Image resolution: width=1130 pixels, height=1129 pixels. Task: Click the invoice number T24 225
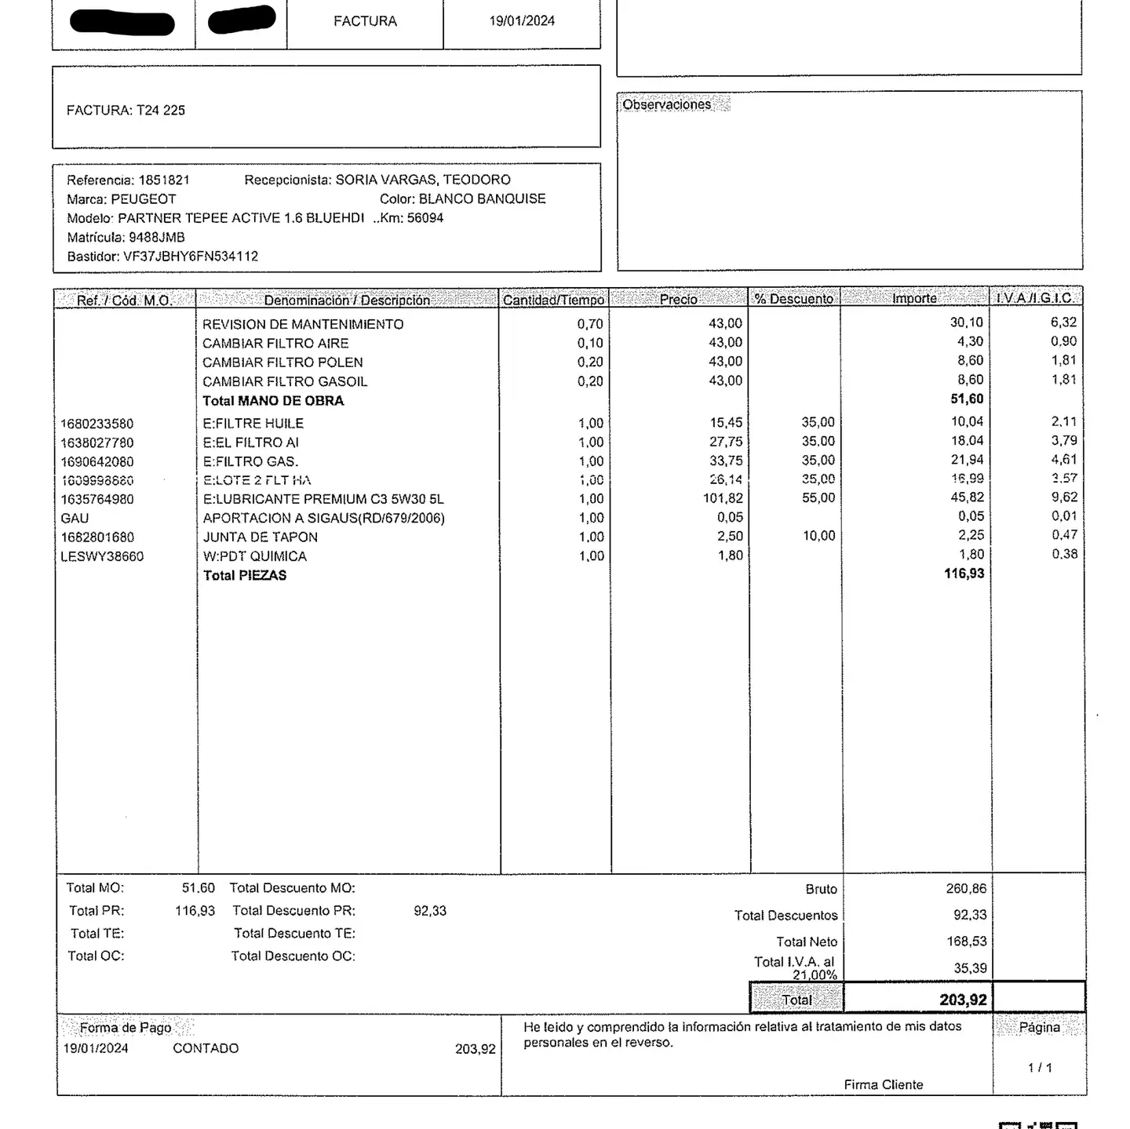[160, 111]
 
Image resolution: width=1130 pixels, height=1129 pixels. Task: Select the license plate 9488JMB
[156, 237]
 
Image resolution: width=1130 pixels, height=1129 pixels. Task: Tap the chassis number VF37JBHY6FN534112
[190, 257]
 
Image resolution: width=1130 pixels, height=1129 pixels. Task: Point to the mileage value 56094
[425, 218]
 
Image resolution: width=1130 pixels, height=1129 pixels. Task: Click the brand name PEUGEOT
[143, 199]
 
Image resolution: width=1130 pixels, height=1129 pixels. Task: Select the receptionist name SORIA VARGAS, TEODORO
[423, 180]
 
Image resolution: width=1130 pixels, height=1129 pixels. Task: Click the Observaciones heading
[666, 104]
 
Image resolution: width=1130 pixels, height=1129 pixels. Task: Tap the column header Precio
[678, 299]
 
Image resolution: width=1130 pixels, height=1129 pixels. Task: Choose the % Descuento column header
[793, 299]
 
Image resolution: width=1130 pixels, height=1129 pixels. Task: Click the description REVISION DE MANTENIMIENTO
[303, 324]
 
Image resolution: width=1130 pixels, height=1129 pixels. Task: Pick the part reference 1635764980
[97, 499]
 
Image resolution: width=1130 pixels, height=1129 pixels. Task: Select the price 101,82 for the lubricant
[723, 498]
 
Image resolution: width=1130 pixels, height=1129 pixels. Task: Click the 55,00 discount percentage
[818, 498]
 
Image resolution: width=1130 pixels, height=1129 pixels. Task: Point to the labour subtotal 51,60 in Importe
[967, 399]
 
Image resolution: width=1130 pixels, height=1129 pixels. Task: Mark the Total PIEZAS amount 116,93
[964, 574]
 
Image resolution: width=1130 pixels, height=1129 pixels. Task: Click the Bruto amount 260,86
[966, 889]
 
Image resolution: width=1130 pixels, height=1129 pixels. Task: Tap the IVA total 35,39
[970, 968]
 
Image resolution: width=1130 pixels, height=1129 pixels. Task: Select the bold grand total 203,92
[963, 1000]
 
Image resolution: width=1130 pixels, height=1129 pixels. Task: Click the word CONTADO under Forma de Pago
[206, 1048]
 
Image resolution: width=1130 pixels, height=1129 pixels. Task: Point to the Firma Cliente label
[883, 1084]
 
